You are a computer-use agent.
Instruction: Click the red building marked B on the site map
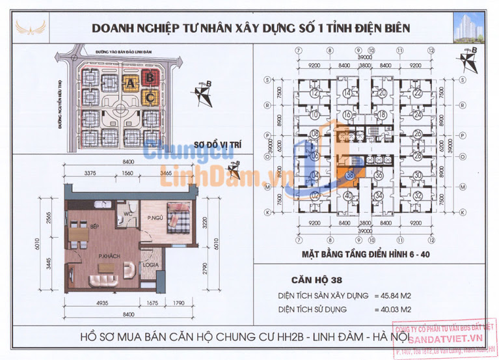coord(150,77)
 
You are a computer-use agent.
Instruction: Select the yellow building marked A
coord(131,83)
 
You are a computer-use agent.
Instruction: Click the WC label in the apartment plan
coord(128,213)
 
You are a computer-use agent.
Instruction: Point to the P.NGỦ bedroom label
coord(154,219)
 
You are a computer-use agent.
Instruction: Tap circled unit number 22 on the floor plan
coord(416,93)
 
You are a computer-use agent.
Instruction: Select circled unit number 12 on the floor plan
coord(315,93)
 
